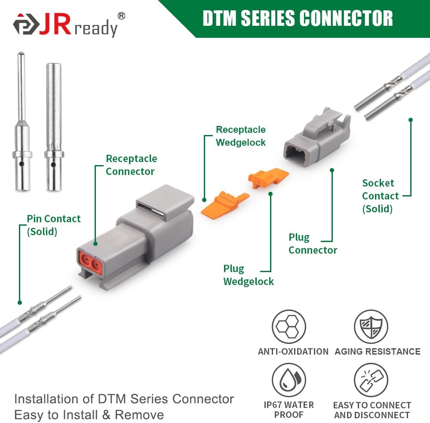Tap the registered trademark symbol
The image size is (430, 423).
tap(122, 16)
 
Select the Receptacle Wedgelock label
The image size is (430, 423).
tap(240, 136)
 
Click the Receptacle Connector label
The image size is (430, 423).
tap(131, 165)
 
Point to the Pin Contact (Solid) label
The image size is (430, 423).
tap(53, 225)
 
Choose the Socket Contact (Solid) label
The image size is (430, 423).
tap(380, 196)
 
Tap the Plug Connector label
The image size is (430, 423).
tap(313, 243)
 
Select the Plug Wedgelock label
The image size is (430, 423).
tap(249, 275)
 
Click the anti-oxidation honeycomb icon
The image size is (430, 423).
tap(289, 327)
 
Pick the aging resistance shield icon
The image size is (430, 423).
tap(371, 327)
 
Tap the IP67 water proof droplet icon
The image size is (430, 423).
tap(289, 380)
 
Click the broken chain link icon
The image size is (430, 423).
tap(371, 380)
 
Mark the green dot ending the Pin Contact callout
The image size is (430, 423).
tap(20, 303)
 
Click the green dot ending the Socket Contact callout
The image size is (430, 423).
tap(411, 120)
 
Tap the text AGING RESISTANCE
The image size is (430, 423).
tap(378, 352)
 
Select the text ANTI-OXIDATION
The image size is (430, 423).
tap(293, 352)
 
